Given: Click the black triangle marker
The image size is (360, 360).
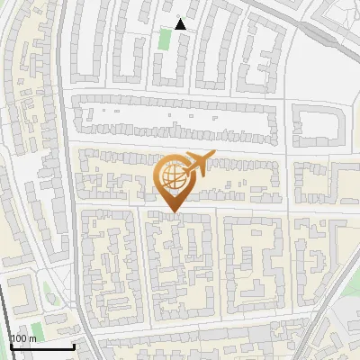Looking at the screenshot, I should tap(181, 24).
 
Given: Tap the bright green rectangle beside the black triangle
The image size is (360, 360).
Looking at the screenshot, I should tap(164, 39).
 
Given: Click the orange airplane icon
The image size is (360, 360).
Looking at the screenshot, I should tap(198, 163).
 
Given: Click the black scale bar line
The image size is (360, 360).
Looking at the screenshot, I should tap(41, 346).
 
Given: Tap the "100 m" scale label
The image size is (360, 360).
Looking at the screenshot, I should tap(23, 338).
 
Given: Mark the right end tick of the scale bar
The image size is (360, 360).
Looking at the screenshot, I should tap(73, 345).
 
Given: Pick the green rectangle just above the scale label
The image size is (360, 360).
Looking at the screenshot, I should tap(37, 329).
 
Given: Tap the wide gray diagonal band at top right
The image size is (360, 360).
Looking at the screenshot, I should tap(306, 18).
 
